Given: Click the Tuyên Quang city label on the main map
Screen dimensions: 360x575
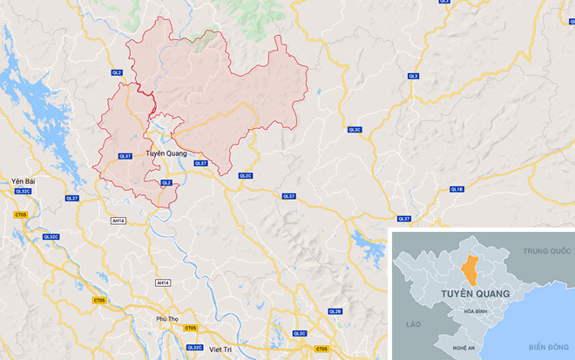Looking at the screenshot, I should [x=166, y=153].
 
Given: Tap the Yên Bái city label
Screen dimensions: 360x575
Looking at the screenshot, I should [x=21, y=180].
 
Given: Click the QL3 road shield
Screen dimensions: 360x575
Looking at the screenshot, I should [x=414, y=77].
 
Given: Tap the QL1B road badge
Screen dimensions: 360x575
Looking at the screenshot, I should [x=457, y=189].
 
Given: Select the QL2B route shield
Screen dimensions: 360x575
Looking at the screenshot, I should [x=335, y=311].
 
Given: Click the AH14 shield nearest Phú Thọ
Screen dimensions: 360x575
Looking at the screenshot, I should [x=163, y=282].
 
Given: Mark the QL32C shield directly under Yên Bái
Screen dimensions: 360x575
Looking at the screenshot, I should [x=22, y=191].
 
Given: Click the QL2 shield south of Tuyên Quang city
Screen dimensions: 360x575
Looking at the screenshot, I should [x=166, y=182].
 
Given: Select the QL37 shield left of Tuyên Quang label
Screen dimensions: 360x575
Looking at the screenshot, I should [x=125, y=156].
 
